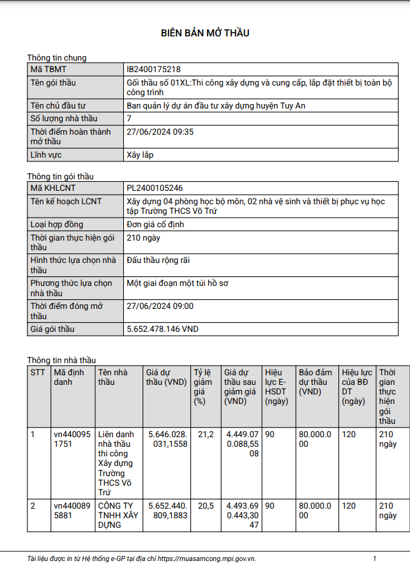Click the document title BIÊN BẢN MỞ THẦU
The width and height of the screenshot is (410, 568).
[x=204, y=33]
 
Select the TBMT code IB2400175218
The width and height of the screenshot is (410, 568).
[x=153, y=69]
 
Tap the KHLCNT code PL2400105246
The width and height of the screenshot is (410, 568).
[x=155, y=188]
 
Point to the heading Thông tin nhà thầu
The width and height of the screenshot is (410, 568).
[x=61, y=360]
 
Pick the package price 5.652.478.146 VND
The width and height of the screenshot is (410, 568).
[x=163, y=329]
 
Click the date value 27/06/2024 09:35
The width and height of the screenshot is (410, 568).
[x=160, y=132]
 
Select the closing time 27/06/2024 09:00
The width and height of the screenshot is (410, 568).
[x=160, y=306]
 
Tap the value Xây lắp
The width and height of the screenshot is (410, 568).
[x=140, y=155]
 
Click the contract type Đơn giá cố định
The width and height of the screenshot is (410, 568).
[x=157, y=225]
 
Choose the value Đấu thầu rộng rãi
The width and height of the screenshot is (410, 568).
[x=158, y=260]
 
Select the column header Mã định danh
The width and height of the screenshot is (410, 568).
[x=68, y=377]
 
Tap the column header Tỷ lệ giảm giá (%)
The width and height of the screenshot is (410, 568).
[x=204, y=387]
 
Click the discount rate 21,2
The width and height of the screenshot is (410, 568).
[x=206, y=435]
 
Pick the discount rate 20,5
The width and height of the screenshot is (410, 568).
[x=206, y=505]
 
